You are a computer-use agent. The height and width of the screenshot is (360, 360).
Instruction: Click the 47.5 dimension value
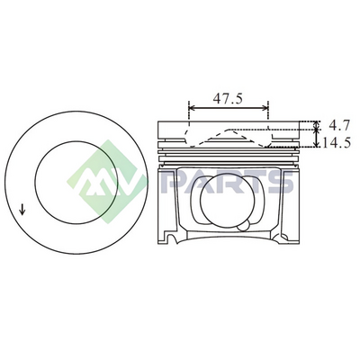click(x=228, y=99)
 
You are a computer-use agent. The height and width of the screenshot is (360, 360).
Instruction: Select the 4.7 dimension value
click(x=339, y=125)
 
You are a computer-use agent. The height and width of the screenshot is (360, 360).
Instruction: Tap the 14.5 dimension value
click(x=337, y=143)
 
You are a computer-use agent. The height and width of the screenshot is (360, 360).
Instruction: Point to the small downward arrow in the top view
click(x=22, y=209)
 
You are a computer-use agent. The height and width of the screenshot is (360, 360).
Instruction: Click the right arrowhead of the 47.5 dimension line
click(x=264, y=108)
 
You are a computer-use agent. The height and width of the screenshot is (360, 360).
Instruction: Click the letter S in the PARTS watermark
click(x=281, y=182)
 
